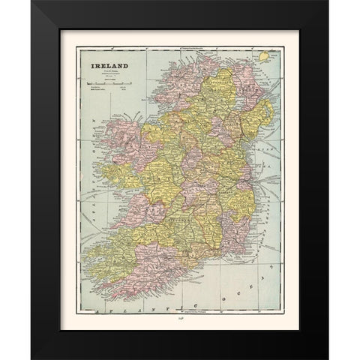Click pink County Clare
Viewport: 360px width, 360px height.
pos(124,199)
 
